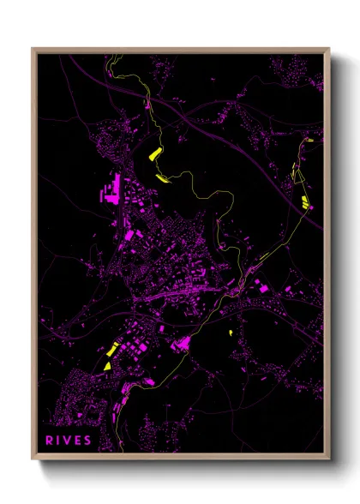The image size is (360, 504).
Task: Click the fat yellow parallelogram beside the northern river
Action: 154,154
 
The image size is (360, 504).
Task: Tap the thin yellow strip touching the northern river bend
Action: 162,178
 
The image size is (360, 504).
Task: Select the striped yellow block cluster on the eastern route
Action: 305,201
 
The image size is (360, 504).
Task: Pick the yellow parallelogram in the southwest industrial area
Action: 111,350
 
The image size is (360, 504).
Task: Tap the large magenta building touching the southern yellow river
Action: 181,345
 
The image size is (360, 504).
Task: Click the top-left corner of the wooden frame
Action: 33,49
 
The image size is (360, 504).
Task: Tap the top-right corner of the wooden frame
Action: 330,49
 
